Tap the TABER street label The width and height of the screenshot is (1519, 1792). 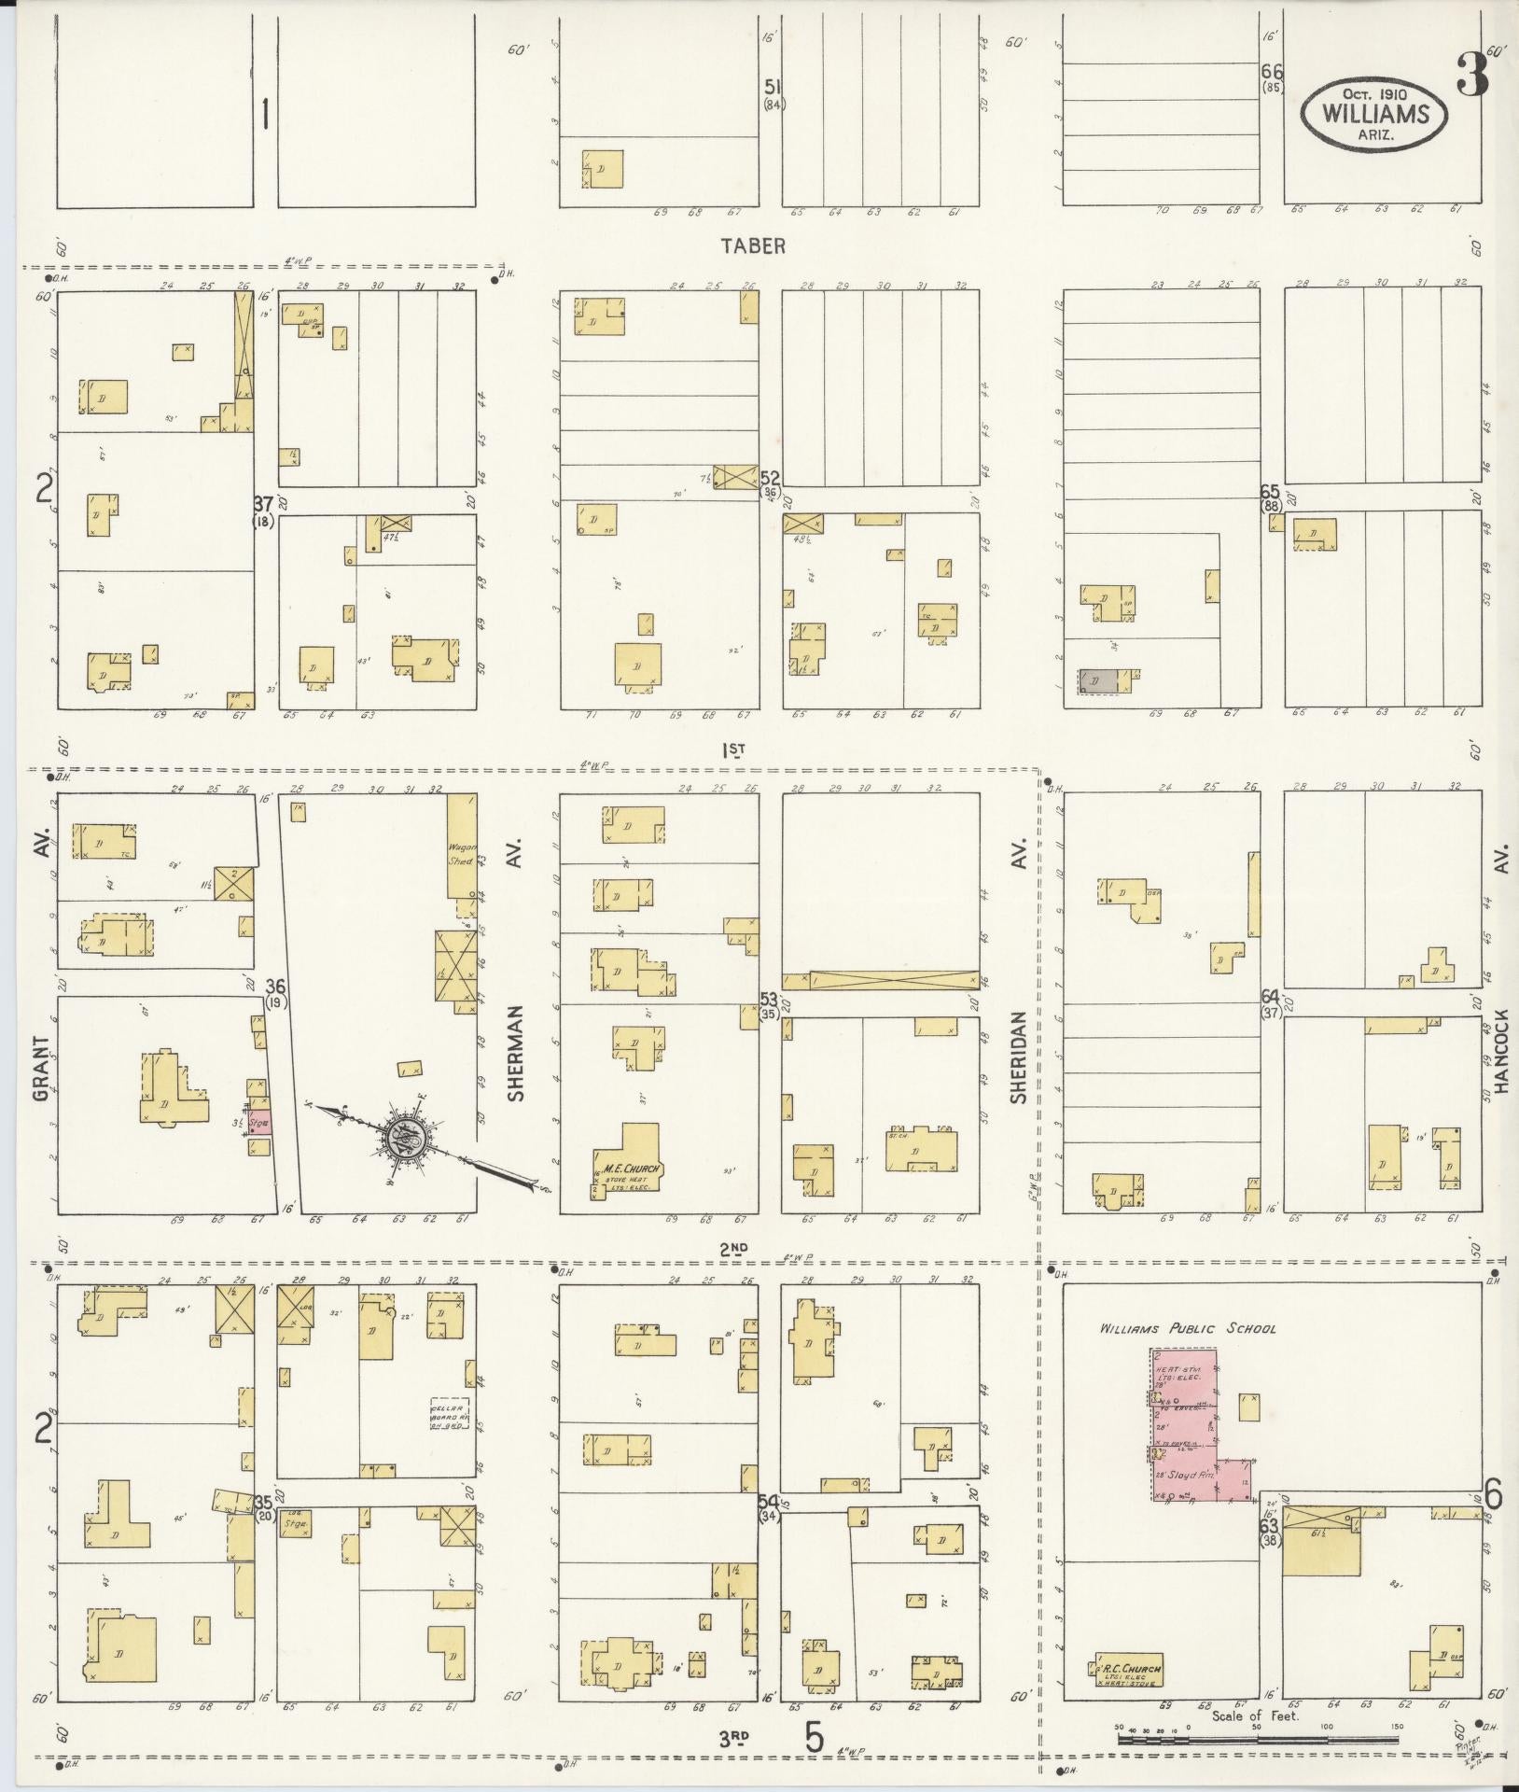click(x=752, y=245)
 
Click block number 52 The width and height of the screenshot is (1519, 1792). click(x=771, y=478)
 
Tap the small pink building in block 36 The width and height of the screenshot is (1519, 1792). click(x=259, y=1124)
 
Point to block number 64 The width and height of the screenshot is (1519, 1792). click(x=1270, y=996)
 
